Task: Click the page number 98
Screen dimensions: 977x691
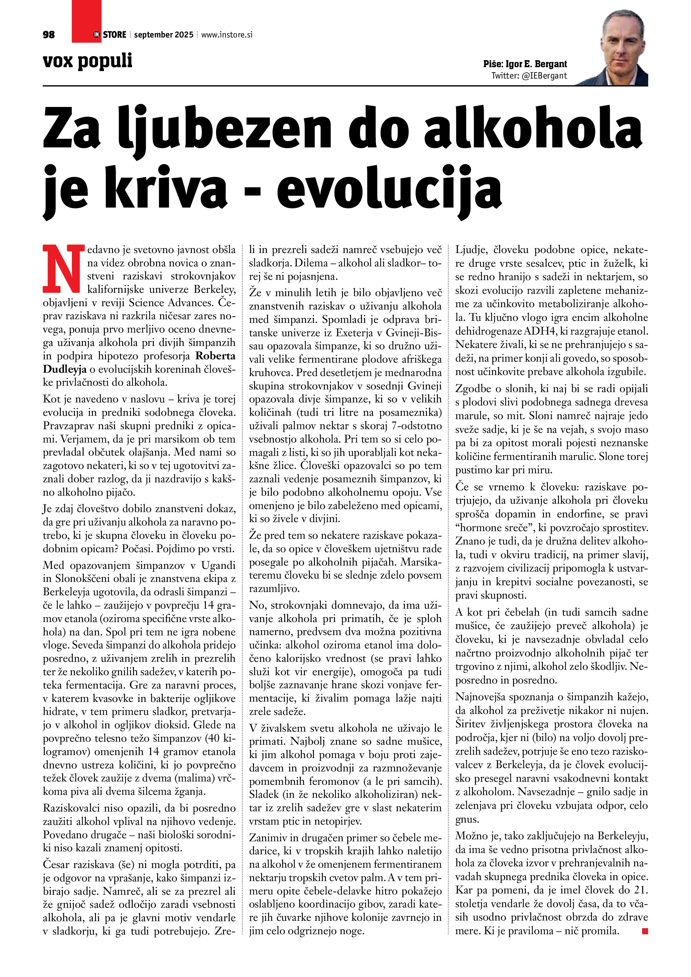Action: pyautogui.click(x=49, y=35)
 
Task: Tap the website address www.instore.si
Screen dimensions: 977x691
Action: pyautogui.click(x=226, y=35)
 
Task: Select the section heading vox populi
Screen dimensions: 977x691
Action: pyautogui.click(x=88, y=61)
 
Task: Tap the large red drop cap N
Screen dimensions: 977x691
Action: pyautogui.click(x=62, y=268)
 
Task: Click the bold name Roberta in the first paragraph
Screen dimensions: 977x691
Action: pyautogui.click(x=215, y=356)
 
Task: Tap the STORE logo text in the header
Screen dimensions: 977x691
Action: pyautogui.click(x=114, y=35)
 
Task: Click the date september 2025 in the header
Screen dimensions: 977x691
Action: pyautogui.click(x=163, y=35)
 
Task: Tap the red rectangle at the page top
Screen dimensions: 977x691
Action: pyautogui.click(x=86, y=21)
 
